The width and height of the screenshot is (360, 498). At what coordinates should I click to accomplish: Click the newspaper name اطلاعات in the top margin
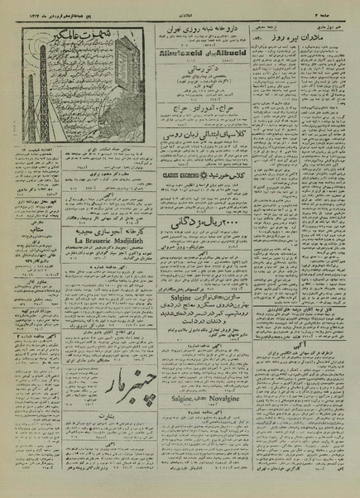[x=180, y=12]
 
